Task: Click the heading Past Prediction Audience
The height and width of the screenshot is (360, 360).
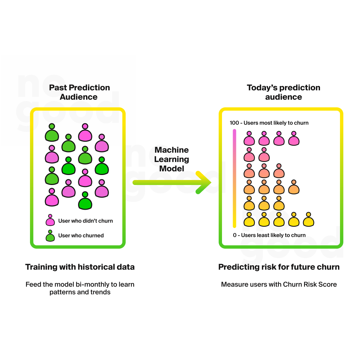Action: coord(79,92)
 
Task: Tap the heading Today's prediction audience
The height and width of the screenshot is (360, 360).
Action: coord(283,92)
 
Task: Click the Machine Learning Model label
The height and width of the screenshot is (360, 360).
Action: coord(172,159)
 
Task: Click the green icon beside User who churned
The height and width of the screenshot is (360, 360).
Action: coord(50,236)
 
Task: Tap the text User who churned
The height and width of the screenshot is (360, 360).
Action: coord(81,236)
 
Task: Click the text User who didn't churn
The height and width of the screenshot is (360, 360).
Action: coord(85,221)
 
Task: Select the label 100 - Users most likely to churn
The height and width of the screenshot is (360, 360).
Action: coord(269,123)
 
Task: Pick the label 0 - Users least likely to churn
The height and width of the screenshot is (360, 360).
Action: coord(269,235)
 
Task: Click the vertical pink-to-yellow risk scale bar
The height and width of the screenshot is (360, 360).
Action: coord(235,178)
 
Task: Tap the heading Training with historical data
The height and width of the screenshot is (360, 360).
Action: coord(80,267)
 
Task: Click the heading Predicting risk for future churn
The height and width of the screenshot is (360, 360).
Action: coord(279,267)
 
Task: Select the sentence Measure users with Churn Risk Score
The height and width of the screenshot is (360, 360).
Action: coord(279,285)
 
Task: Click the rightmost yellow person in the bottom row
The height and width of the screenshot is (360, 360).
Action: coord(309,220)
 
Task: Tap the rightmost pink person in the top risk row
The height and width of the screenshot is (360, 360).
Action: coord(294,139)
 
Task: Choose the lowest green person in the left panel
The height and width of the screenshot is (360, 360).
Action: coord(85,201)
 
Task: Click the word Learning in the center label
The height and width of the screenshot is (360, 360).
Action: coord(172,159)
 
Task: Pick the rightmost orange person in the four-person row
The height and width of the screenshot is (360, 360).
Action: coord(294,187)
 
